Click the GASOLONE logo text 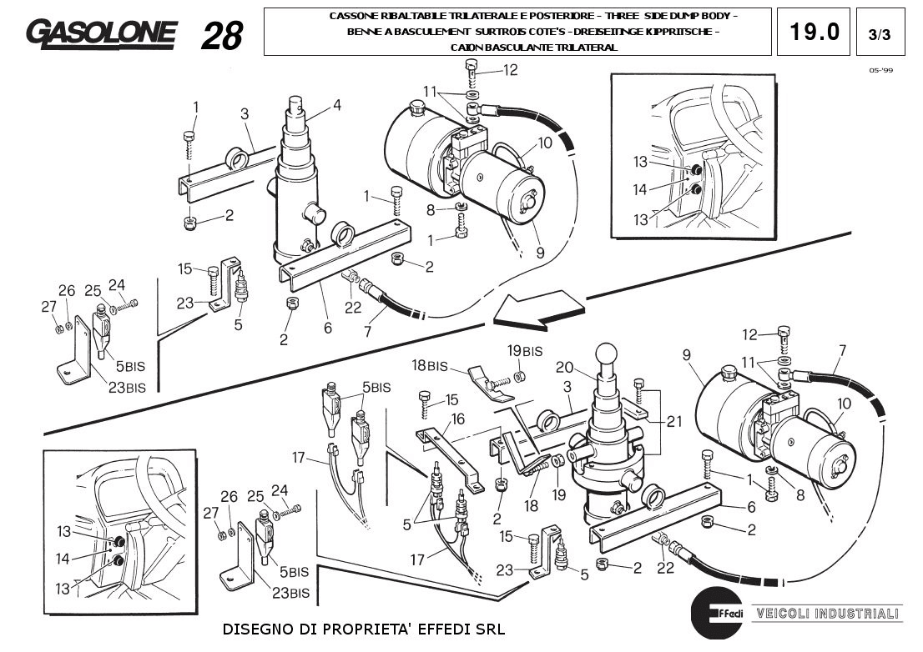(101, 33)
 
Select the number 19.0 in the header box (814, 32)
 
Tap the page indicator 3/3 (879, 35)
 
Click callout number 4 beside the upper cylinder (336, 105)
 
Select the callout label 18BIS (429, 365)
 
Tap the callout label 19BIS (525, 350)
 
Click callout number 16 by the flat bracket (458, 419)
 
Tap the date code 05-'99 (880, 71)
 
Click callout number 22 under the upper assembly (353, 308)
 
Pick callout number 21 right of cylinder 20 (675, 421)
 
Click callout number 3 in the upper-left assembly (245, 113)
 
